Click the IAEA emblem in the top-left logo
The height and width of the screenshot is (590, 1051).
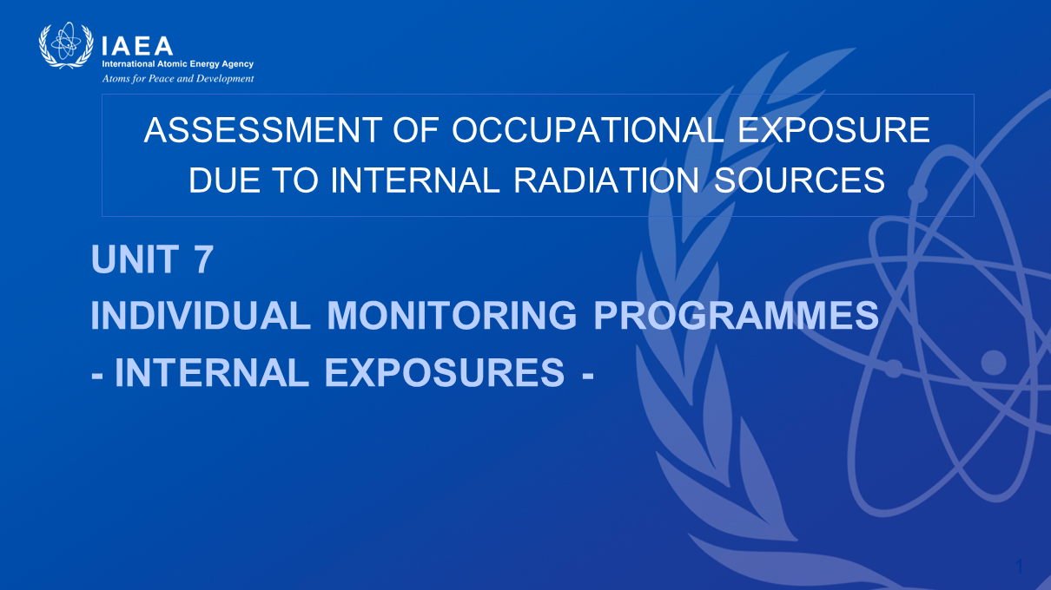(x=66, y=45)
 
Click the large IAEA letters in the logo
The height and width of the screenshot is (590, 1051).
(x=137, y=46)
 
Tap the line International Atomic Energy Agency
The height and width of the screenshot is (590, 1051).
(x=178, y=63)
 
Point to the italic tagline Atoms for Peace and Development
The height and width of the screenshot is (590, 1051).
(x=178, y=78)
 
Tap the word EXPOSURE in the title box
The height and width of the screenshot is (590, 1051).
(x=834, y=130)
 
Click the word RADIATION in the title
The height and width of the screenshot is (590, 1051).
(x=606, y=180)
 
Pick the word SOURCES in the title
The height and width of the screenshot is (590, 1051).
(x=799, y=180)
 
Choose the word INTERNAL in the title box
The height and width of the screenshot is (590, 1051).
(x=415, y=180)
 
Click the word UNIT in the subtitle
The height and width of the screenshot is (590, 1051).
(x=136, y=259)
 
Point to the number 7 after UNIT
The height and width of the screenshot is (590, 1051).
(x=203, y=259)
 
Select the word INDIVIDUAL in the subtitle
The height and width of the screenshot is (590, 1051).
(x=201, y=315)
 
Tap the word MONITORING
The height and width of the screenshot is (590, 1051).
(x=452, y=315)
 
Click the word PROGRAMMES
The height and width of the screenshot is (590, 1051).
(x=737, y=315)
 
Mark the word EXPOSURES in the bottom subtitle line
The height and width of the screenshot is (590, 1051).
(x=445, y=372)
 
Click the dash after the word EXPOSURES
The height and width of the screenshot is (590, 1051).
(x=588, y=375)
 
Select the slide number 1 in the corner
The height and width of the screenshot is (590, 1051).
(x=1019, y=566)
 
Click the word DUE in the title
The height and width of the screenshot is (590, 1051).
(x=224, y=180)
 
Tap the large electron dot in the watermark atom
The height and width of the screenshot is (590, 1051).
(x=994, y=363)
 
